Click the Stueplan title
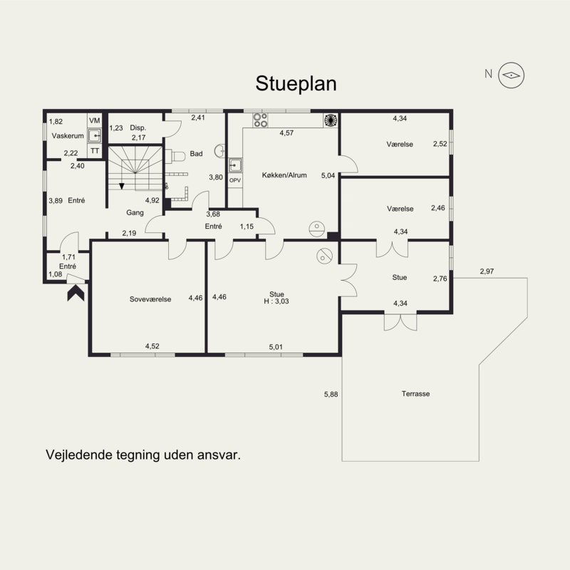pyautogui.click(x=296, y=84)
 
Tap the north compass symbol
pyautogui.click(x=511, y=76)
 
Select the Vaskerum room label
pyautogui.click(x=68, y=136)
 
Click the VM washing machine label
pyautogui.click(x=95, y=120)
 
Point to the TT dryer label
pyautogui.click(x=95, y=151)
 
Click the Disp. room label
pyautogui.click(x=138, y=128)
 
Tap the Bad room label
pyautogui.click(x=197, y=154)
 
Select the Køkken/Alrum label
pyautogui.click(x=284, y=175)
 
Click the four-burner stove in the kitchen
pyautogui.click(x=260, y=120)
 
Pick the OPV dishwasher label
pyautogui.click(x=235, y=180)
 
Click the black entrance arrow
pyautogui.click(x=76, y=293)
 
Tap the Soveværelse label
pyautogui.click(x=150, y=299)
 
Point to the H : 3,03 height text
pyautogui.click(x=276, y=301)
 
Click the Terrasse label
pyautogui.click(x=415, y=394)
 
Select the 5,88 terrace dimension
pyautogui.click(x=331, y=395)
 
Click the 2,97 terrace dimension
pyautogui.click(x=487, y=271)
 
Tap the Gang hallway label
pyautogui.click(x=135, y=212)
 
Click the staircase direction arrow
pyautogui.click(x=122, y=187)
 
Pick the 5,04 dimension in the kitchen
pyautogui.click(x=328, y=176)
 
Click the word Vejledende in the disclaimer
pyautogui.click(x=78, y=455)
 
